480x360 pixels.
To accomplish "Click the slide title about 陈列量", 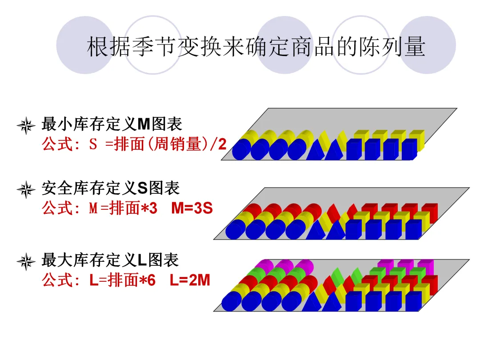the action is [256, 47].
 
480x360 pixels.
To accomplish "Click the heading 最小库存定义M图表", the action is [112, 124].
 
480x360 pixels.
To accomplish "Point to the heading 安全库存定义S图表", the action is [111, 188].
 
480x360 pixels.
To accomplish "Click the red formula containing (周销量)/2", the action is [134, 144].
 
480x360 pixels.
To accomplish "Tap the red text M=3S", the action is [192, 208].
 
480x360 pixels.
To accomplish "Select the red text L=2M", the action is [190, 280].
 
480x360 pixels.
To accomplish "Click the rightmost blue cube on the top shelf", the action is [408, 150].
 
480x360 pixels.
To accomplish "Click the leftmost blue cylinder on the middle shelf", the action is [236, 229].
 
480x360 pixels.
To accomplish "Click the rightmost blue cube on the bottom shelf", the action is [412, 301].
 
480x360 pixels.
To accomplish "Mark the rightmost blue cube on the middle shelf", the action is [413, 229].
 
